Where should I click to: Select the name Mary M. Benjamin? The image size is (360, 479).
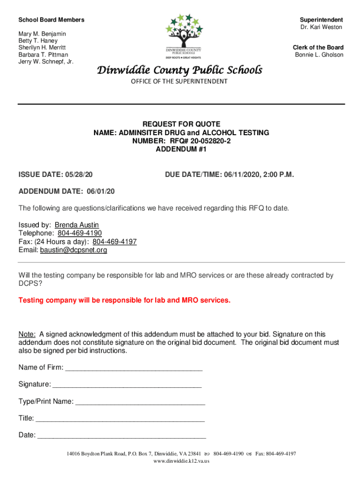(x=42, y=34)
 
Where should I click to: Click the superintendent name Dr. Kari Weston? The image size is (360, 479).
(x=321, y=27)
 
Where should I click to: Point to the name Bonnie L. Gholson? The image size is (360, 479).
(x=319, y=55)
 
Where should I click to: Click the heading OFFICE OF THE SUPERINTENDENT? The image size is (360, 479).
(x=179, y=81)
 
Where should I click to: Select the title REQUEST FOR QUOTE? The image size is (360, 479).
(x=181, y=124)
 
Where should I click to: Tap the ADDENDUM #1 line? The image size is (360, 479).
(x=181, y=150)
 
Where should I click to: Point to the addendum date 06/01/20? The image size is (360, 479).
(x=101, y=191)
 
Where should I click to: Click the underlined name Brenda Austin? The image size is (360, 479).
(x=77, y=225)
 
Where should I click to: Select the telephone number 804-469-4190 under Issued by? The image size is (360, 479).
(x=79, y=233)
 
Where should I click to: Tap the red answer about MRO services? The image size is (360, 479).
(x=124, y=300)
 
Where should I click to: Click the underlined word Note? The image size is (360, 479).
(x=27, y=334)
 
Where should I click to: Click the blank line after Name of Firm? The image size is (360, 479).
(x=134, y=368)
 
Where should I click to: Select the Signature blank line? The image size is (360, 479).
(x=127, y=385)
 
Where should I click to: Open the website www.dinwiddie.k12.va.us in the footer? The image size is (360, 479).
(x=181, y=461)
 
